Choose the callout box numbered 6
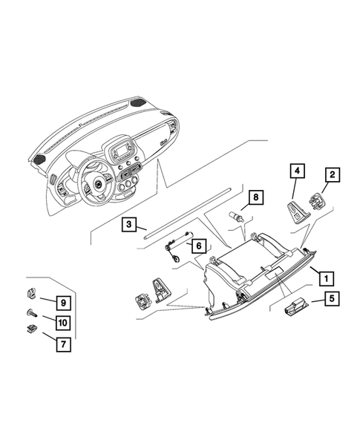tap(199, 244)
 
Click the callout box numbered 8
tap(255, 197)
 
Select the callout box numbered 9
tap(63, 302)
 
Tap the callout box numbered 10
tap(63, 322)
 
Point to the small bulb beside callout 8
tap(238, 216)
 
